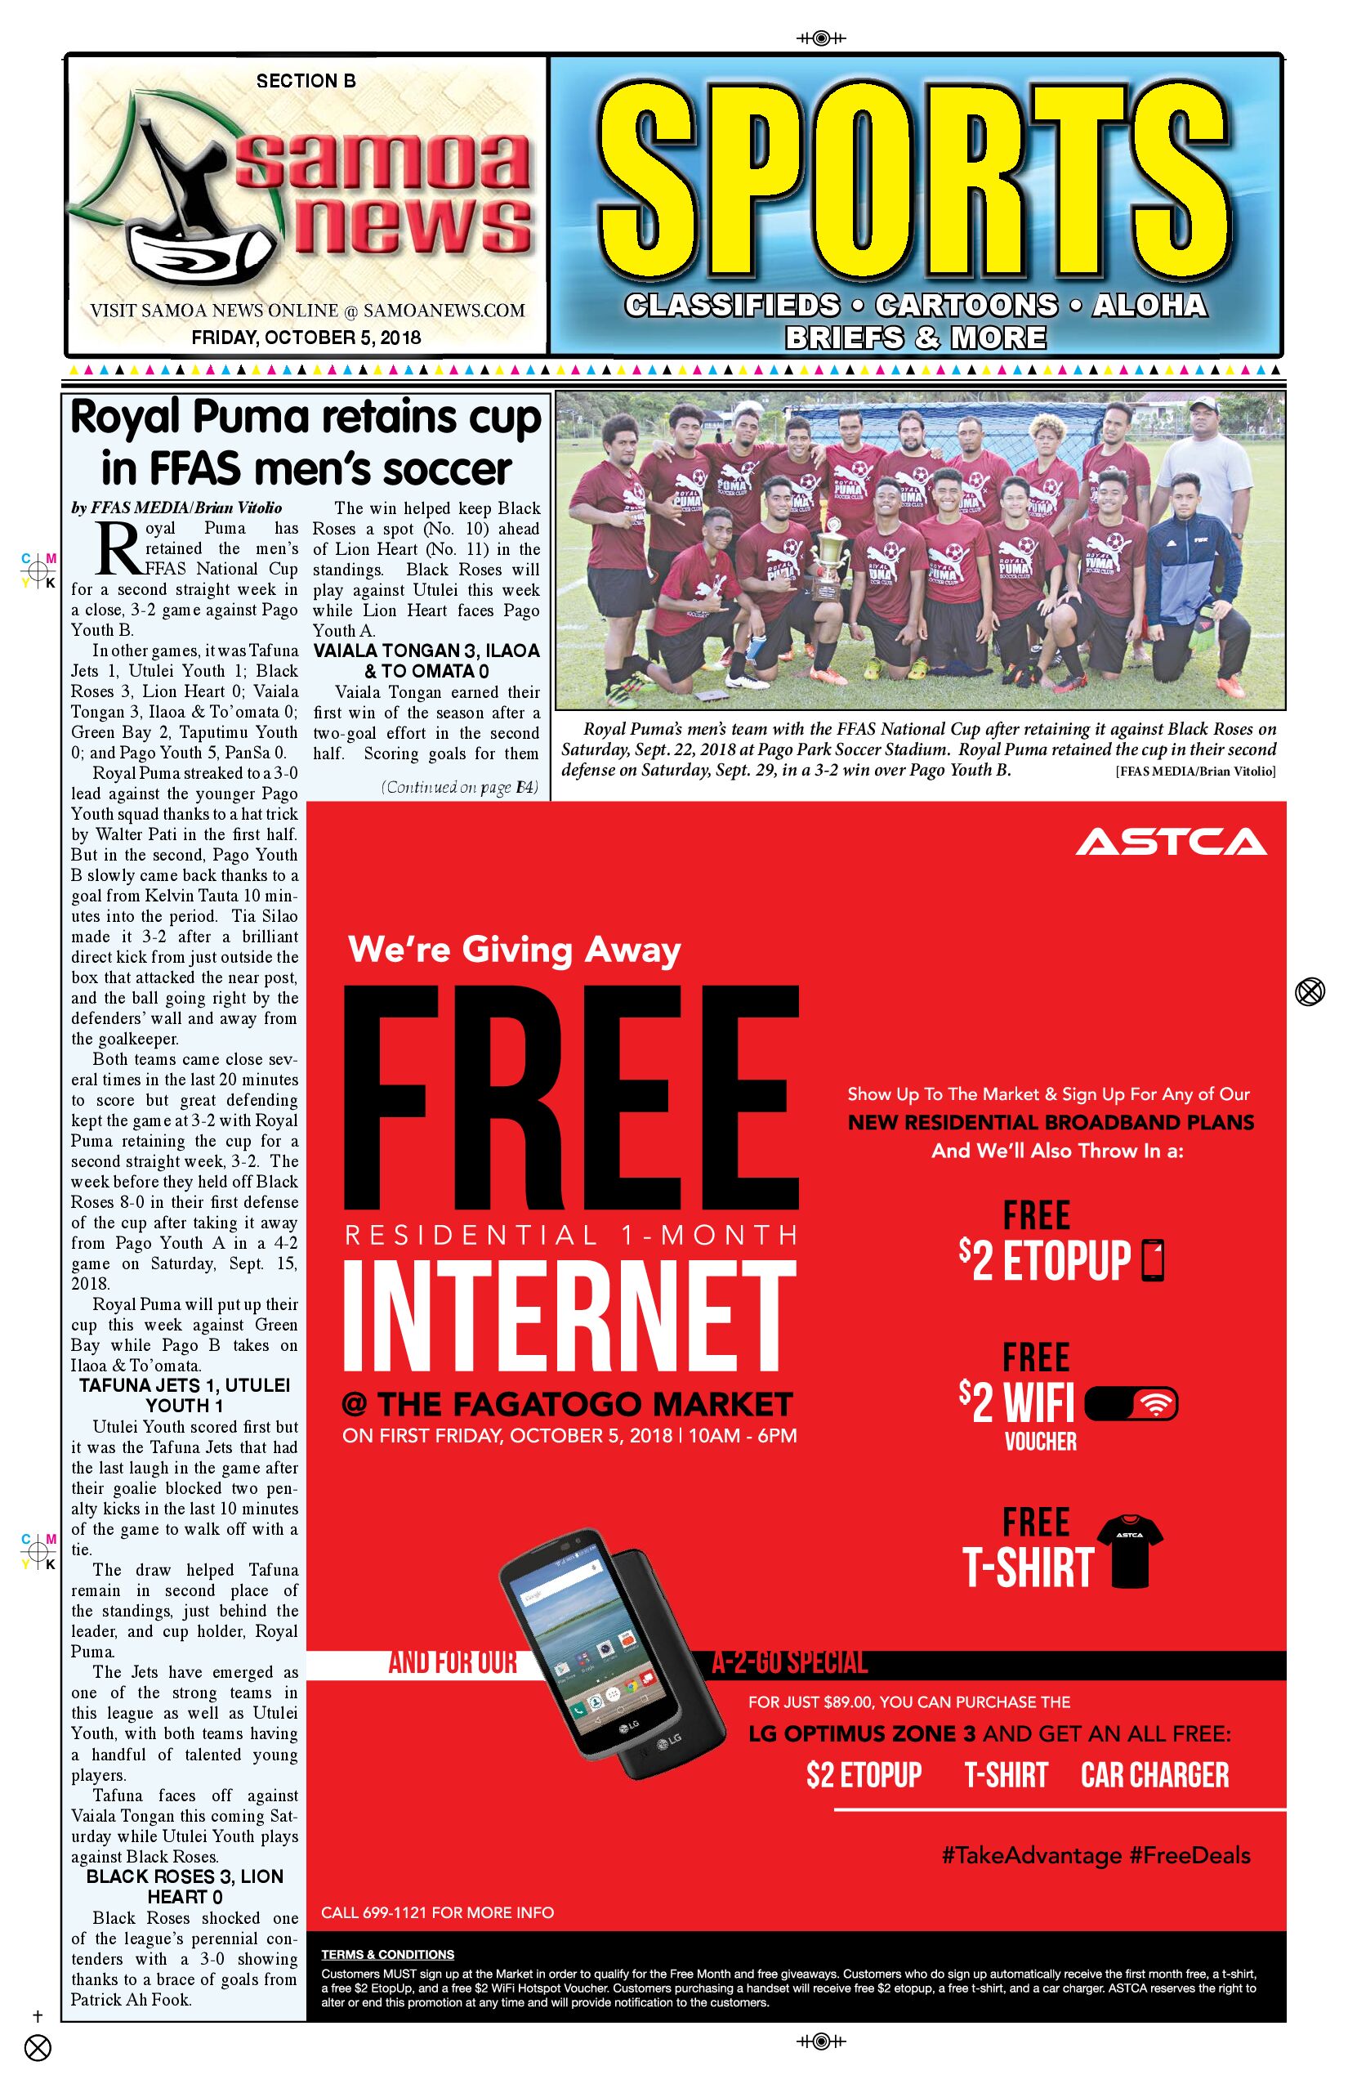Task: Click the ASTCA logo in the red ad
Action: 1172,843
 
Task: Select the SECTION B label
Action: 306,82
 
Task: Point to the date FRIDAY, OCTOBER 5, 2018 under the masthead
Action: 306,337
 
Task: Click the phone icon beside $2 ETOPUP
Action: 1154,1261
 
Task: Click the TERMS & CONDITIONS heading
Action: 387,1954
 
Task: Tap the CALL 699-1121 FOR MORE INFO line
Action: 437,1912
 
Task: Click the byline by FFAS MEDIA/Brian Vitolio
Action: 176,508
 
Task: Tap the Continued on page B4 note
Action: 459,787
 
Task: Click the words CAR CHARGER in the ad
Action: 1154,1774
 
